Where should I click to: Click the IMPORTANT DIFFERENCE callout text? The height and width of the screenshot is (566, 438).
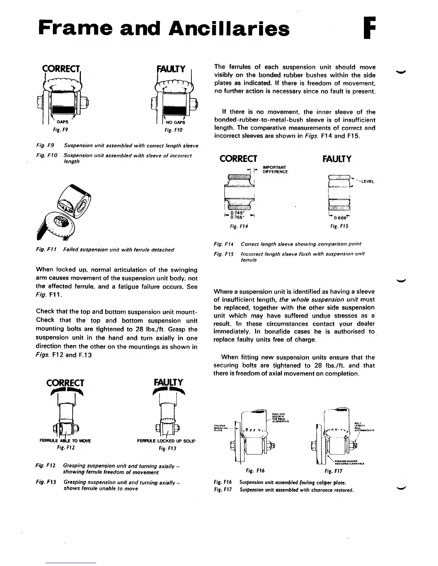click(x=275, y=169)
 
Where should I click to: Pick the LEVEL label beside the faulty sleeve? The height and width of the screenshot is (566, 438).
click(x=368, y=182)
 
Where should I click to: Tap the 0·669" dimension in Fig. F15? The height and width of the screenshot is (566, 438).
click(x=339, y=218)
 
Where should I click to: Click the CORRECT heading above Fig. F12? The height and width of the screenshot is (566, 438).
click(x=65, y=383)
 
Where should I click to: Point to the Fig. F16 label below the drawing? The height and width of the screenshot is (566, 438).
click(x=255, y=471)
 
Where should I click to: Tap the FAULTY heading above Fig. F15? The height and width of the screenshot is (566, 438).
click(x=337, y=158)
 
